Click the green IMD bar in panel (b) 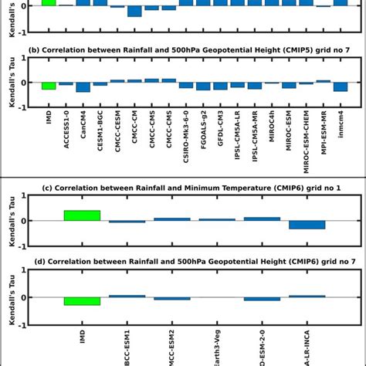(x=49, y=85)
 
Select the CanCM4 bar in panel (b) (x=83, y=86)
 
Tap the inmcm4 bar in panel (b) (x=340, y=86)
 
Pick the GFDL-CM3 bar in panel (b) (x=220, y=85)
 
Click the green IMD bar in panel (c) (x=82, y=215)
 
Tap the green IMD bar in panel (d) (x=82, y=300)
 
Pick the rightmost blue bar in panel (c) (x=307, y=225)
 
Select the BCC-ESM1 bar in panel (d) (x=127, y=296)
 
